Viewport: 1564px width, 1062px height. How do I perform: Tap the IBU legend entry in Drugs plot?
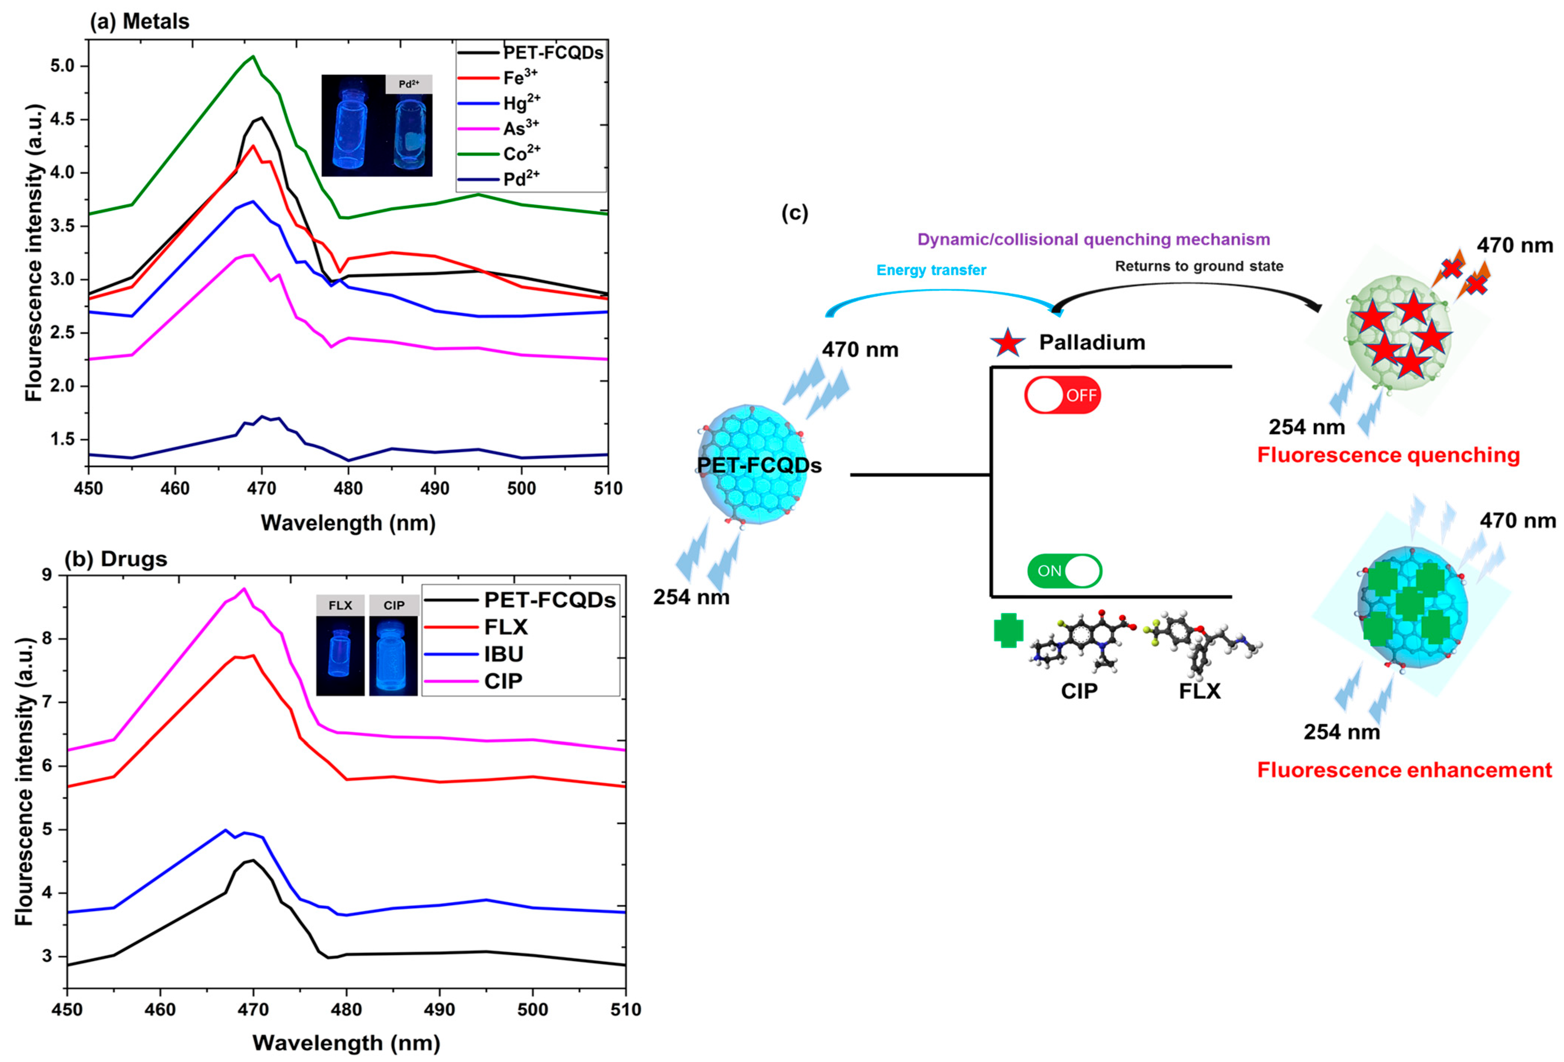(503, 654)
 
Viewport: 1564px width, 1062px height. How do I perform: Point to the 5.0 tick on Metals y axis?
(69, 66)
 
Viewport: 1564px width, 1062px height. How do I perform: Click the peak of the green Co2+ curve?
(253, 57)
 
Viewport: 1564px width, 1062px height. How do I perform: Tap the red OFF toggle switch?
(1063, 395)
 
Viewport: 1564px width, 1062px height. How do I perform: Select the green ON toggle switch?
(1064, 571)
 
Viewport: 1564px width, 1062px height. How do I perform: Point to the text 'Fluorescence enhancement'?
(1405, 770)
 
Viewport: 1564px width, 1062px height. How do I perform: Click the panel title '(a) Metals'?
(140, 22)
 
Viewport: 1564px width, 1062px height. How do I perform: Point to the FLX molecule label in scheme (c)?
(1199, 691)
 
